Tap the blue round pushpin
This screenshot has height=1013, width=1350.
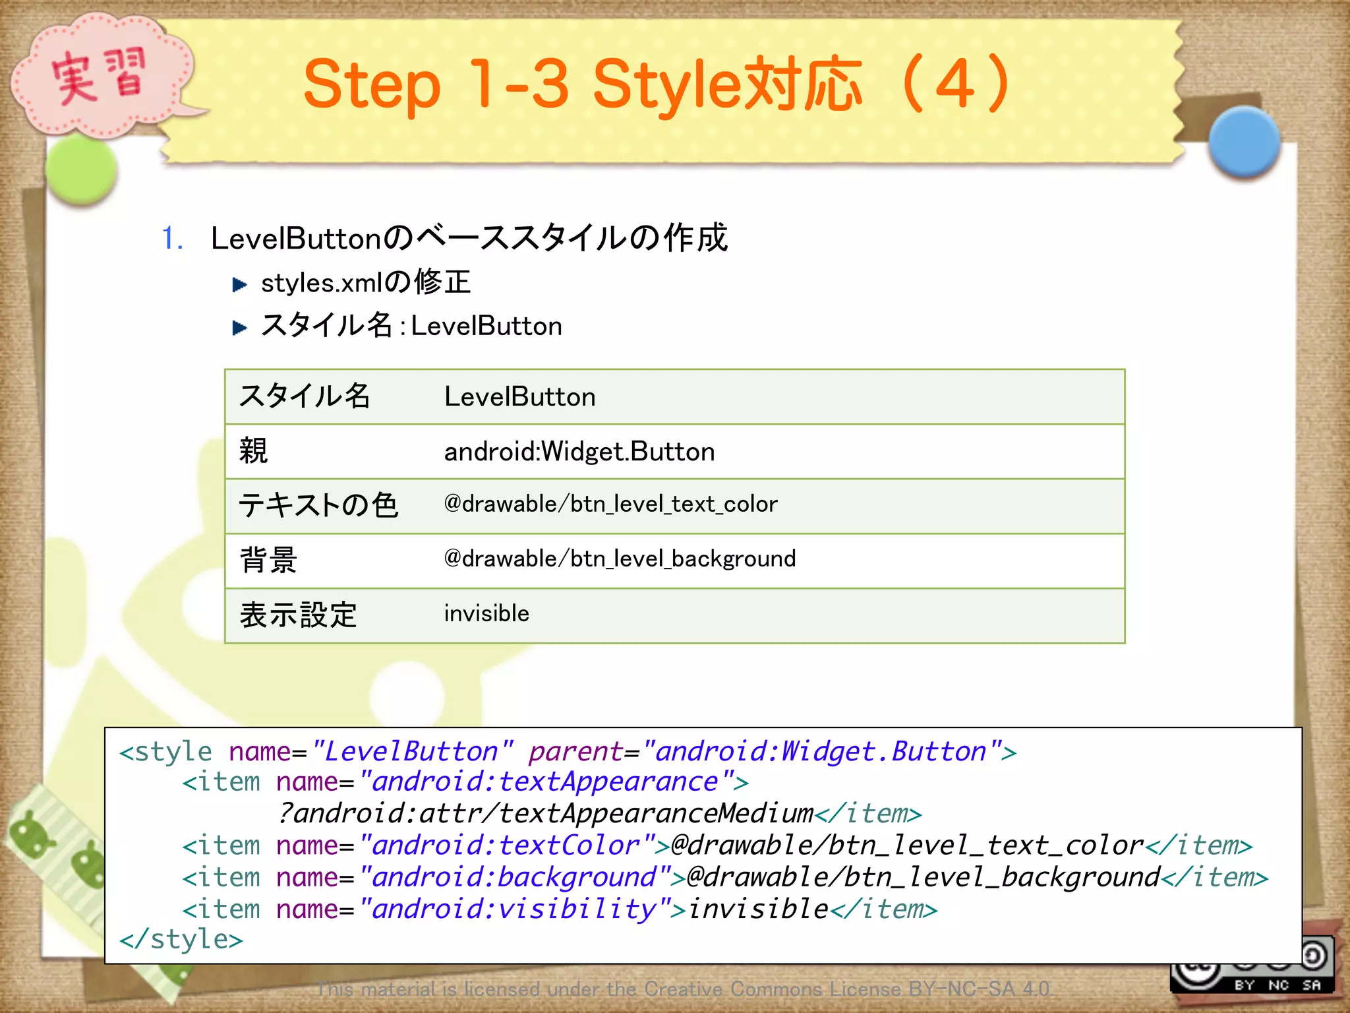[1244, 142]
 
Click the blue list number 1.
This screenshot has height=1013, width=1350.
[171, 239]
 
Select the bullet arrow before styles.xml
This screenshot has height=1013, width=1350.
[239, 284]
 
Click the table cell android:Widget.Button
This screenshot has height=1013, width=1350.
[579, 452]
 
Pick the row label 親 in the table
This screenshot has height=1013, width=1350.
[254, 452]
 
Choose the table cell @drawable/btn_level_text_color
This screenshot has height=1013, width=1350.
[610, 505]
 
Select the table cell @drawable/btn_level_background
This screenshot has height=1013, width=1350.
[620, 559]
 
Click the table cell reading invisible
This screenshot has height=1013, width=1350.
[486, 614]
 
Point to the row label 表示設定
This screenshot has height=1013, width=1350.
[298, 615]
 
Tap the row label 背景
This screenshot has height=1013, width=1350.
[268, 561]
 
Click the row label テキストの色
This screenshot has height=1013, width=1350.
[318, 506]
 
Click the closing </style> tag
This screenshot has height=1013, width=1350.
[181, 939]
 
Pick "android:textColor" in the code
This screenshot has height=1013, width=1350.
[508, 845]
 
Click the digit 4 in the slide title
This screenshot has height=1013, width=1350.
[954, 84]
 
